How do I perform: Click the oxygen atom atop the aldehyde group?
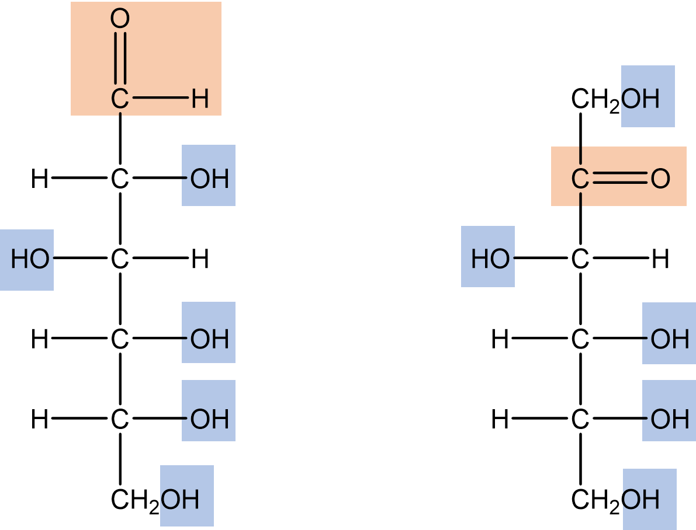(x=120, y=19)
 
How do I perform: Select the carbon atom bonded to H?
(x=120, y=99)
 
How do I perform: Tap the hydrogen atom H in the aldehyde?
(x=200, y=99)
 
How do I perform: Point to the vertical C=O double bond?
(x=120, y=58)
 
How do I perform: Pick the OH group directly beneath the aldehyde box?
(x=209, y=179)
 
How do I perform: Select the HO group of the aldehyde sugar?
(x=29, y=259)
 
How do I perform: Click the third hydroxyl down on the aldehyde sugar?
(x=209, y=339)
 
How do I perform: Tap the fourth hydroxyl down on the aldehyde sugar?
(x=209, y=419)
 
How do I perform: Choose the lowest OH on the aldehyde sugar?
(x=181, y=500)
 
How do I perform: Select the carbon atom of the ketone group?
(x=580, y=179)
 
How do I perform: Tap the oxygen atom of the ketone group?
(x=660, y=179)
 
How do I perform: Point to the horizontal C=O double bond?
(x=620, y=179)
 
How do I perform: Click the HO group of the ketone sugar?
(x=490, y=259)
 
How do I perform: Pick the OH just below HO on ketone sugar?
(x=670, y=339)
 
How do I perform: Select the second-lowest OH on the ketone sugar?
(x=670, y=419)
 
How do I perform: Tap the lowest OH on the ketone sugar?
(x=641, y=500)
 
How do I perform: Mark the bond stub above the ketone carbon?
(x=580, y=155)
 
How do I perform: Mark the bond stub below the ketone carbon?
(x=580, y=200)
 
